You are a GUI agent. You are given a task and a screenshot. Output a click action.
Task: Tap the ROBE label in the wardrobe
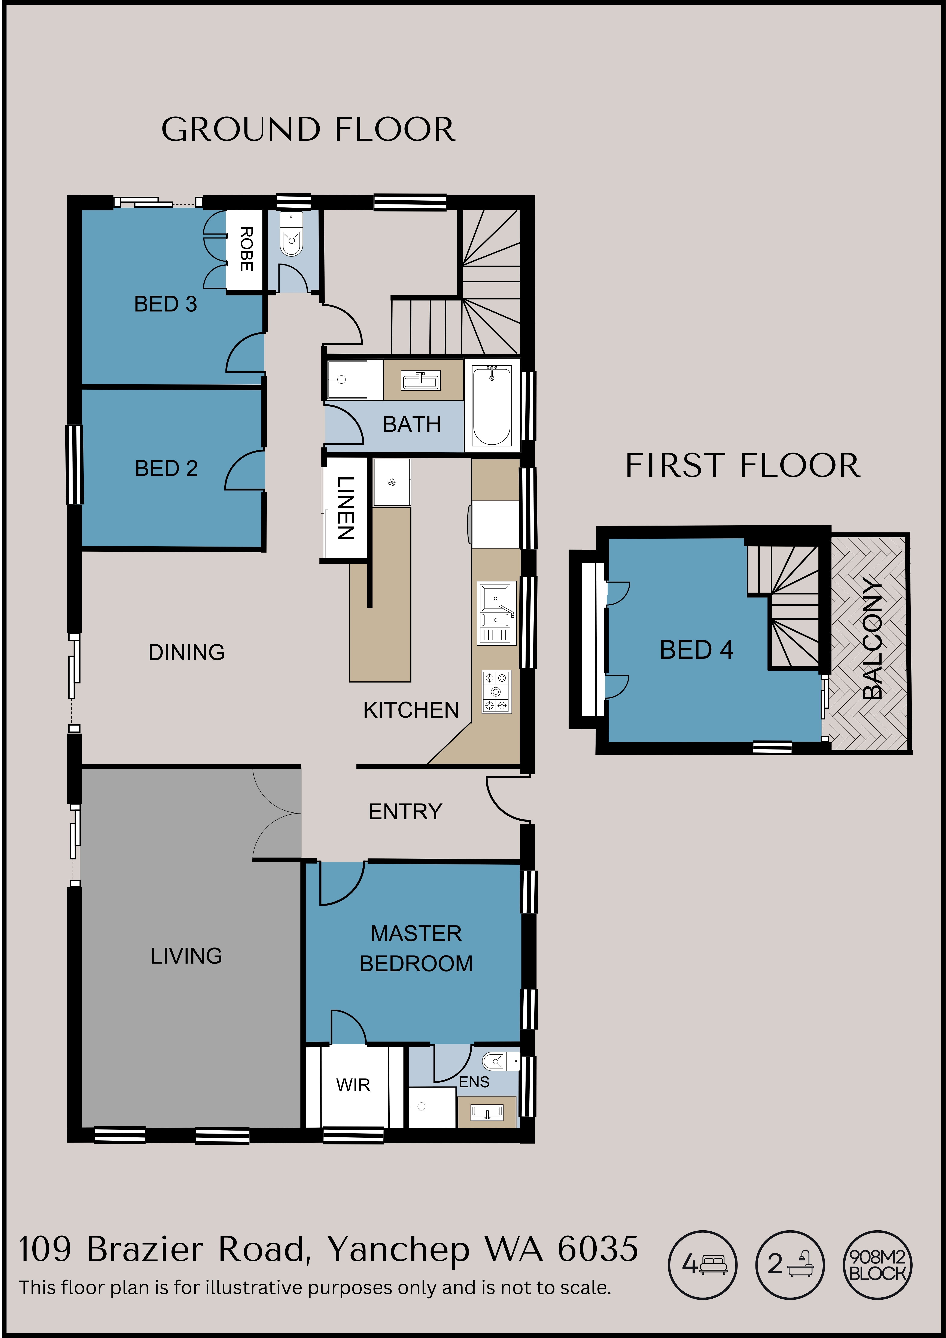[x=247, y=249]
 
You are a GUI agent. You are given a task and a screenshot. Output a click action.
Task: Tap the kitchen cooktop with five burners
[x=496, y=692]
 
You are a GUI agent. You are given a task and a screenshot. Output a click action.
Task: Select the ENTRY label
[x=405, y=812]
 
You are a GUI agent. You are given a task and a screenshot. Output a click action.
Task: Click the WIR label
[x=353, y=1085]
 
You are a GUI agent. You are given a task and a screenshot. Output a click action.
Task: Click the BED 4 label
[x=697, y=650]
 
